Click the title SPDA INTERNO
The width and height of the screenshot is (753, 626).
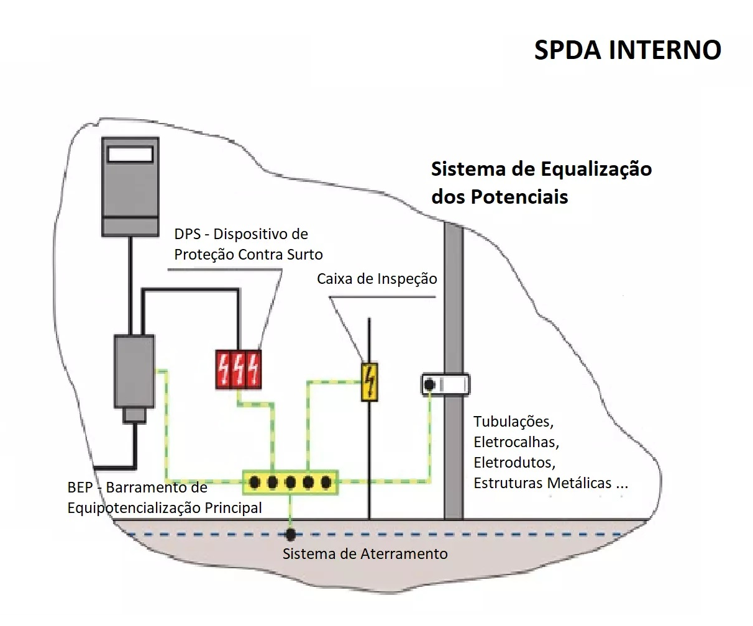pyautogui.click(x=627, y=50)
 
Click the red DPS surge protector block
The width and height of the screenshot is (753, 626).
pyautogui.click(x=238, y=370)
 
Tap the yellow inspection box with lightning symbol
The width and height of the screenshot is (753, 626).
pyautogui.click(x=370, y=381)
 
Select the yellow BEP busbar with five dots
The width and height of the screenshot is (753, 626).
pyautogui.click(x=290, y=482)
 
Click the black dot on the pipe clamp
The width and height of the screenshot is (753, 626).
pyautogui.click(x=429, y=385)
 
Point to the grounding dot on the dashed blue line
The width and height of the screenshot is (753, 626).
pyautogui.click(x=290, y=533)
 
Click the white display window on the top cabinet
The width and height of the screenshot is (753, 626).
pyautogui.click(x=130, y=153)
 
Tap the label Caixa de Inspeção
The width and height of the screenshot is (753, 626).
pyautogui.click(x=376, y=279)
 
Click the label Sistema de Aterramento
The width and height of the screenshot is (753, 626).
pyautogui.click(x=365, y=553)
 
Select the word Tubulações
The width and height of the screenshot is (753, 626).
pyautogui.click(x=513, y=422)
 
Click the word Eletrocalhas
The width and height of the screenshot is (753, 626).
pyautogui.click(x=516, y=442)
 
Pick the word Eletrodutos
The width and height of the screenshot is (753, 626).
pyautogui.click(x=514, y=463)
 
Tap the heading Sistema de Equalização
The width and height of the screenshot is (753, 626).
pyautogui.click(x=541, y=169)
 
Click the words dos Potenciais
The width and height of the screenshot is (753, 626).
pyautogui.click(x=500, y=197)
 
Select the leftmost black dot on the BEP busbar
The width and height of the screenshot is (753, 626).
pyautogui.click(x=255, y=482)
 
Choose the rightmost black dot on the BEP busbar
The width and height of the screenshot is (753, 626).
pyautogui.click(x=325, y=482)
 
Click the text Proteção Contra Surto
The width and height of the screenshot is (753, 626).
pyautogui.click(x=248, y=255)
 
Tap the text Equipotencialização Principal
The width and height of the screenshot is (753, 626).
pyautogui.click(x=164, y=508)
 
